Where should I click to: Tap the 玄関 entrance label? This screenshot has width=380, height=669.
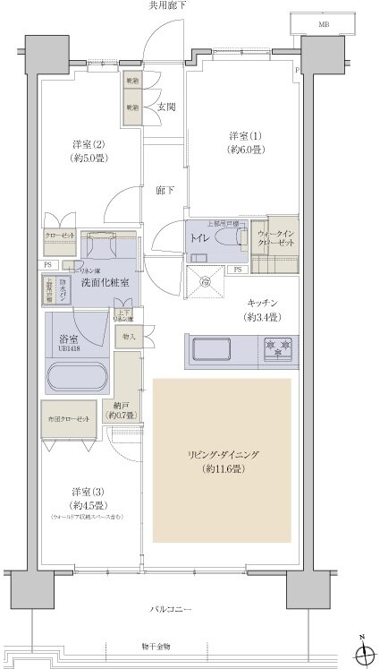tap(166, 107)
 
